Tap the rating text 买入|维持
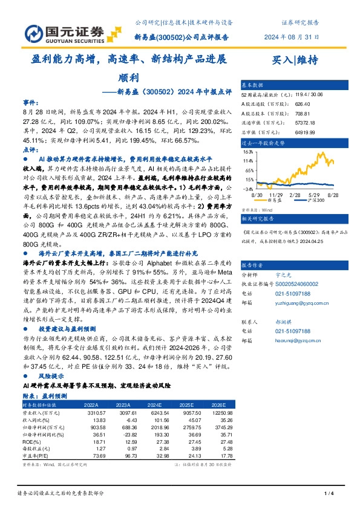tap(296, 60)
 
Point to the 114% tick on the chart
tap(247, 161)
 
